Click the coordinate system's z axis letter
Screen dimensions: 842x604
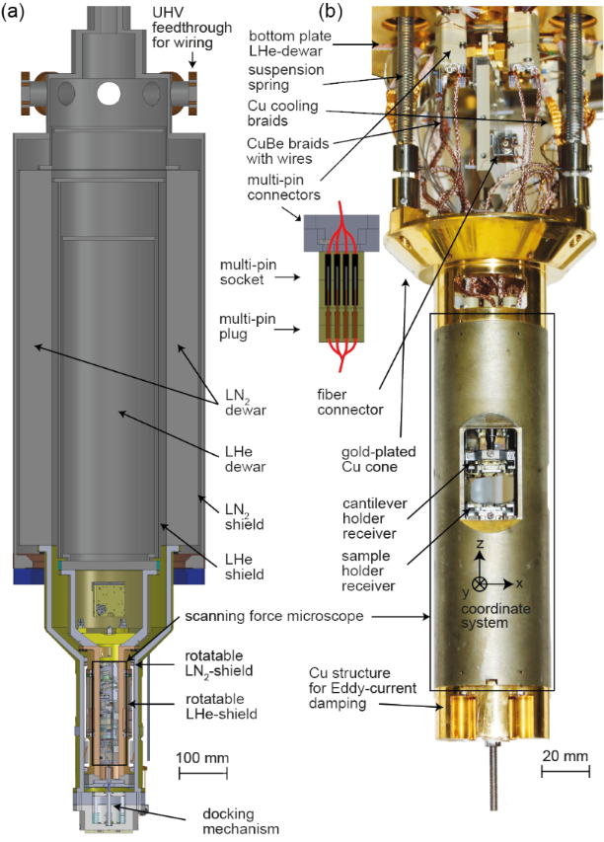point(479,545)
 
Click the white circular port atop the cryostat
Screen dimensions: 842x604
point(109,93)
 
